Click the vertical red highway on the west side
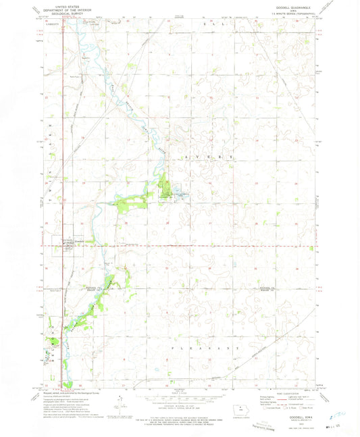(62, 203)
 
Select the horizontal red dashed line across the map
(203, 245)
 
